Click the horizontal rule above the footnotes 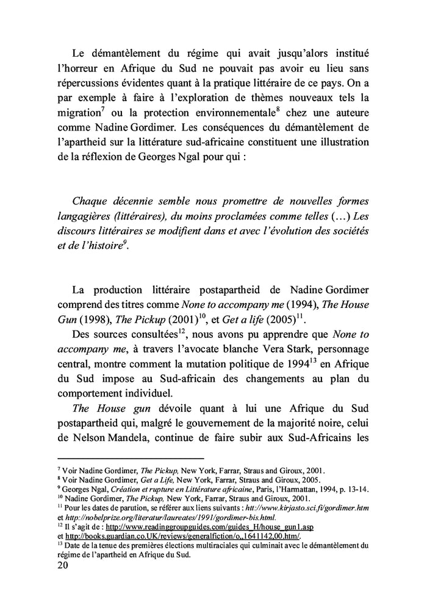(x=130, y=458)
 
